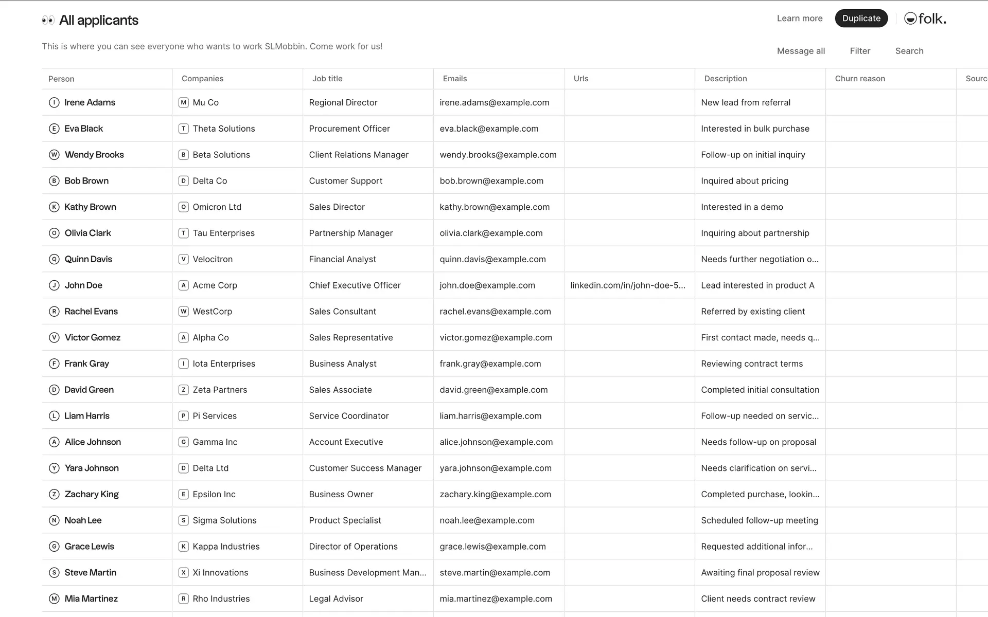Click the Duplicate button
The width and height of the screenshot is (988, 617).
coord(861,19)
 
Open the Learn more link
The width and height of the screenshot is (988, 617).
coord(799,19)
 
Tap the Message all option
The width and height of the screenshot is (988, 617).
coord(801,51)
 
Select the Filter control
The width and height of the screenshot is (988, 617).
coord(860,51)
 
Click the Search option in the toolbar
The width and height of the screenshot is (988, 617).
coord(909,51)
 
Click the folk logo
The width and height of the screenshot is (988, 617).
coord(925,19)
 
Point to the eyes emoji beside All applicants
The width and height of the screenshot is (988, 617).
coord(48,21)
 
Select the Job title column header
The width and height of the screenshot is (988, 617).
coord(327,79)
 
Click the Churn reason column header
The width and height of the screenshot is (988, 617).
coord(859,79)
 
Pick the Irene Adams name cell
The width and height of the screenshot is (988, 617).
coord(90,103)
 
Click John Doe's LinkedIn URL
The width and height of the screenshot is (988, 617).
coord(627,285)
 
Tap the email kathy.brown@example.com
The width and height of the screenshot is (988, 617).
coord(494,207)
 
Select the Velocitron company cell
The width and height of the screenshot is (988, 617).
coord(212,260)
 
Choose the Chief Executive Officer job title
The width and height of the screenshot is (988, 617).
coord(355,285)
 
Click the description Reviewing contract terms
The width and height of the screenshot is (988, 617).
coord(751,364)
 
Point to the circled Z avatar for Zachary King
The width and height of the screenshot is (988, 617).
coord(54,495)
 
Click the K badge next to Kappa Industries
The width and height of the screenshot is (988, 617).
coord(183,547)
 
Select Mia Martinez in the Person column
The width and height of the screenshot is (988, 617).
coord(91,599)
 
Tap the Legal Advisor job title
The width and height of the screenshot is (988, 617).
coord(336,599)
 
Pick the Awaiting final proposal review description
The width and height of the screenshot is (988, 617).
coord(760,573)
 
